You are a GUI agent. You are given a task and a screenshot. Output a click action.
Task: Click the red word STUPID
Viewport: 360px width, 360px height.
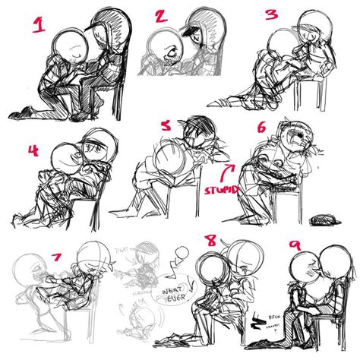(221, 187)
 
